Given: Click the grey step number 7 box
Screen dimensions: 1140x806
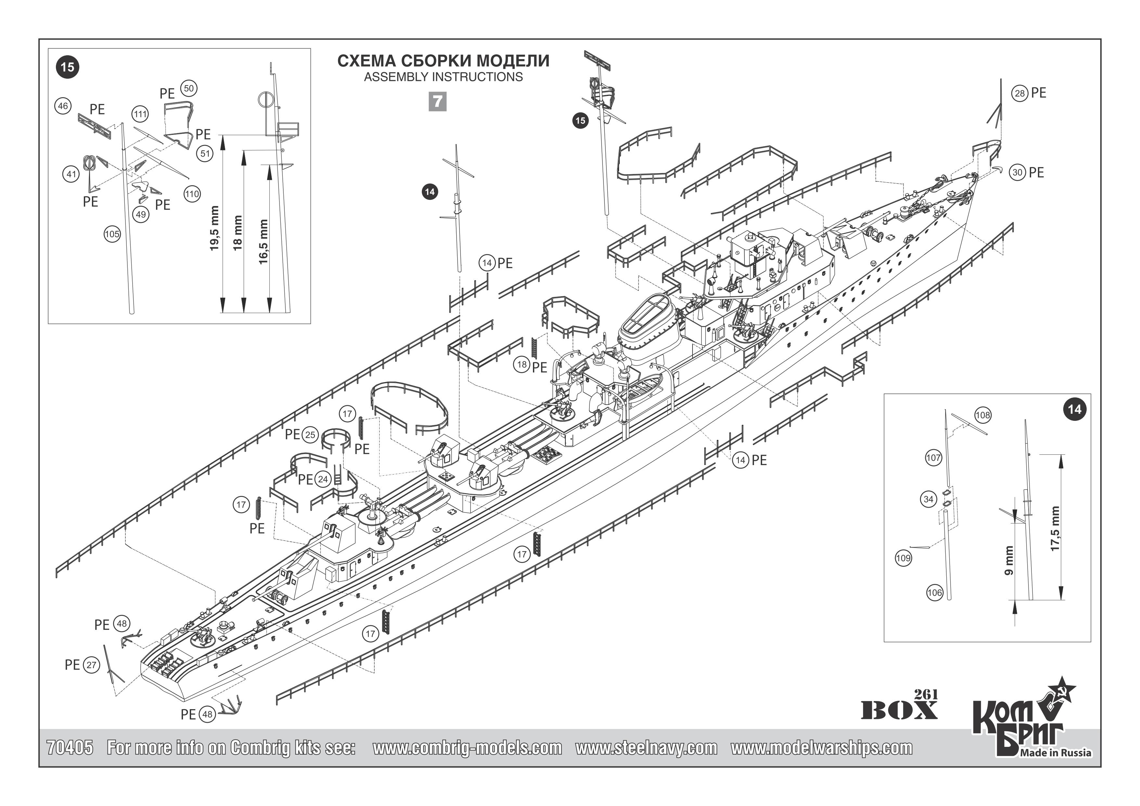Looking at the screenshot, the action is click(x=437, y=101).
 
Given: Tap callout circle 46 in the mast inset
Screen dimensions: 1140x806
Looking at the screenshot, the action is click(x=63, y=106).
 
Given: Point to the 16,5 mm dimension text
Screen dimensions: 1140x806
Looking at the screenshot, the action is click(x=264, y=241).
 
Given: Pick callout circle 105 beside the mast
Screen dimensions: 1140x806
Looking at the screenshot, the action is click(x=112, y=234).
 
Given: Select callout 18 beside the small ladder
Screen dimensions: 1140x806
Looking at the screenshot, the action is click(x=522, y=365).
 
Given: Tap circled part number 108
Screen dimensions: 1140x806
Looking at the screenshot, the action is click(x=983, y=415).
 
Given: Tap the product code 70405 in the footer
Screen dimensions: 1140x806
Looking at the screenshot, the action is click(x=70, y=748).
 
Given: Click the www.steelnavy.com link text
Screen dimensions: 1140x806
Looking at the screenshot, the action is click(x=646, y=748).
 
